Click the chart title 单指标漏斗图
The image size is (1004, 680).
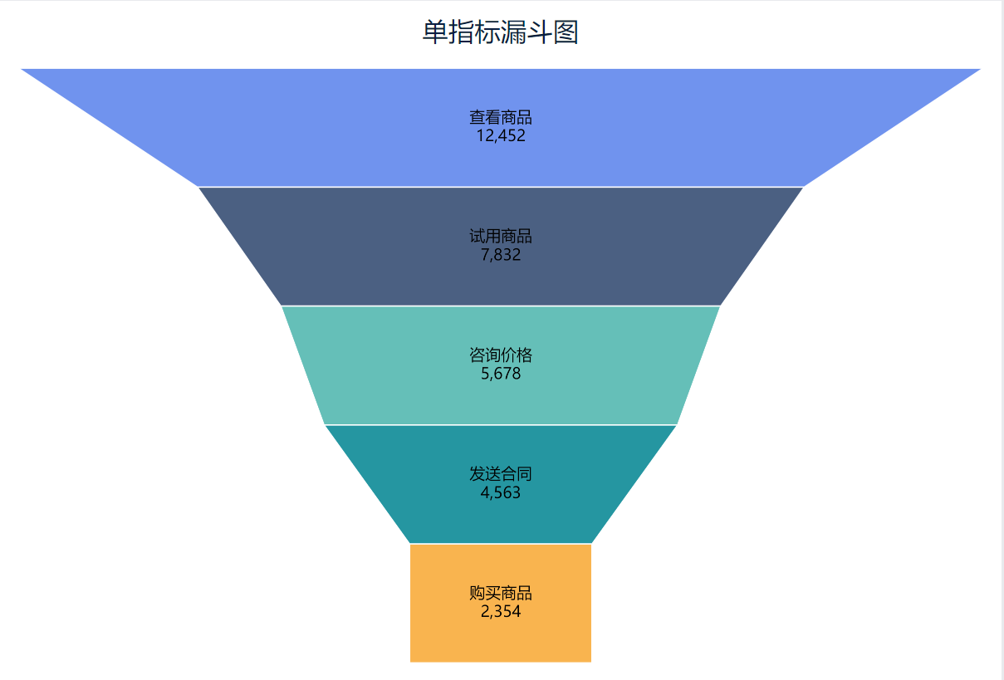click(500, 33)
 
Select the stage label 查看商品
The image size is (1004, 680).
click(500, 118)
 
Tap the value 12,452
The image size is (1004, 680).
click(500, 136)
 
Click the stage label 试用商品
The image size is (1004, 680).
click(500, 237)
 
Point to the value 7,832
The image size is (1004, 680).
click(500, 255)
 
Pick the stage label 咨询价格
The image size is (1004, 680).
click(500, 355)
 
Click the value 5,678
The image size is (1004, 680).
click(500, 374)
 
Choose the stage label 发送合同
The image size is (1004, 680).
click(500, 474)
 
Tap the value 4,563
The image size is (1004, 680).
click(500, 492)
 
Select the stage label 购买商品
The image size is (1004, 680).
click(500, 593)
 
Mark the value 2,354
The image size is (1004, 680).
click(500, 612)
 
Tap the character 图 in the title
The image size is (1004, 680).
click(566, 33)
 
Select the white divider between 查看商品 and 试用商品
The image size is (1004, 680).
click(500, 187)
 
